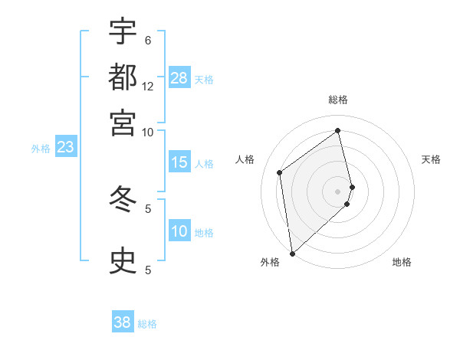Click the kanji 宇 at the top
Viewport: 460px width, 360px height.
[123, 31]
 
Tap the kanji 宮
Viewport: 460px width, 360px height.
[123, 122]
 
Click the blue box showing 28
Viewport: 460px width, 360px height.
[179, 78]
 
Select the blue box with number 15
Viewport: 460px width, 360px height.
[179, 162]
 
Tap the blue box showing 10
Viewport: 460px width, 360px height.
[179, 231]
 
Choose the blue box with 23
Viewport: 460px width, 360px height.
[65, 147]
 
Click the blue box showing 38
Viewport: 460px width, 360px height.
[123, 322]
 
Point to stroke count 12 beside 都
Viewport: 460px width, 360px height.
[148, 86]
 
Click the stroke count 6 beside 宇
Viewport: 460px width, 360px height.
[148, 40]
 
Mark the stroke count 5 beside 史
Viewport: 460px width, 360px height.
[148, 270]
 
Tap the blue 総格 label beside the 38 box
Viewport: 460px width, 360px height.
[147, 324]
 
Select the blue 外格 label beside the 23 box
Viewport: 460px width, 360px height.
[41, 149]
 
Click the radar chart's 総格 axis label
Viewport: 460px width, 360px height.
[338, 100]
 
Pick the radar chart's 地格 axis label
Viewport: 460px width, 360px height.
[402, 263]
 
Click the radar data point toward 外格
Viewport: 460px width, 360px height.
[292, 253]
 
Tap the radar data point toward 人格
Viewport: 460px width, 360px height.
[280, 172]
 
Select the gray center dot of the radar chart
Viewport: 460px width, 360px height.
[338, 190]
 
